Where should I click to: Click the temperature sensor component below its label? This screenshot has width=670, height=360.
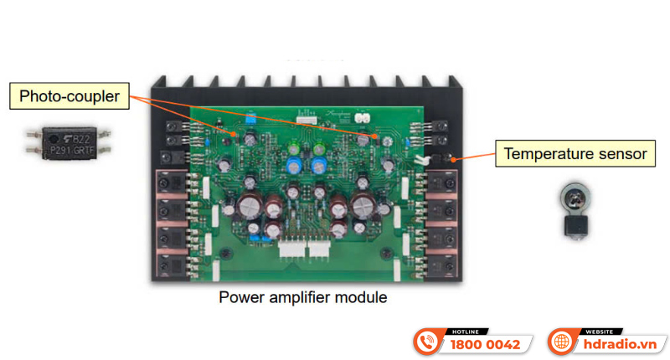tap(575, 208)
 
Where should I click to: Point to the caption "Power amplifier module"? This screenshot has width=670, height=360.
tap(302, 297)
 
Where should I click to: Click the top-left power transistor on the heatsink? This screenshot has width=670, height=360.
tap(172, 183)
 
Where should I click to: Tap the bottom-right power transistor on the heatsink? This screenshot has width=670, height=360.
tap(441, 262)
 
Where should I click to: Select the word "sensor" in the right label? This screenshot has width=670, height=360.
tap(620, 154)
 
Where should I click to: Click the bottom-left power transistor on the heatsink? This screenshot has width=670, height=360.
tap(172, 262)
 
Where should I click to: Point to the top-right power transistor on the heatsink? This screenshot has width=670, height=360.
tap(441, 183)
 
